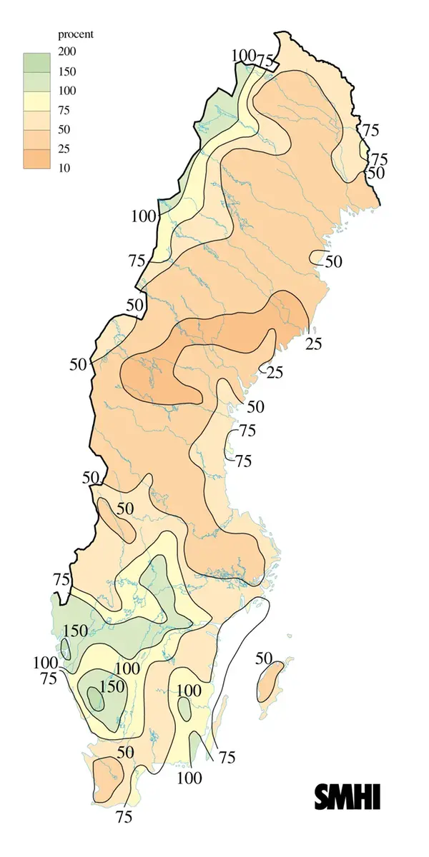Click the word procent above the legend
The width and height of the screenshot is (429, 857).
(x=75, y=34)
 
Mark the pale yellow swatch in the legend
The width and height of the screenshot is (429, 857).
(x=36, y=101)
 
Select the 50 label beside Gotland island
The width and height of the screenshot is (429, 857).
(x=264, y=657)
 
